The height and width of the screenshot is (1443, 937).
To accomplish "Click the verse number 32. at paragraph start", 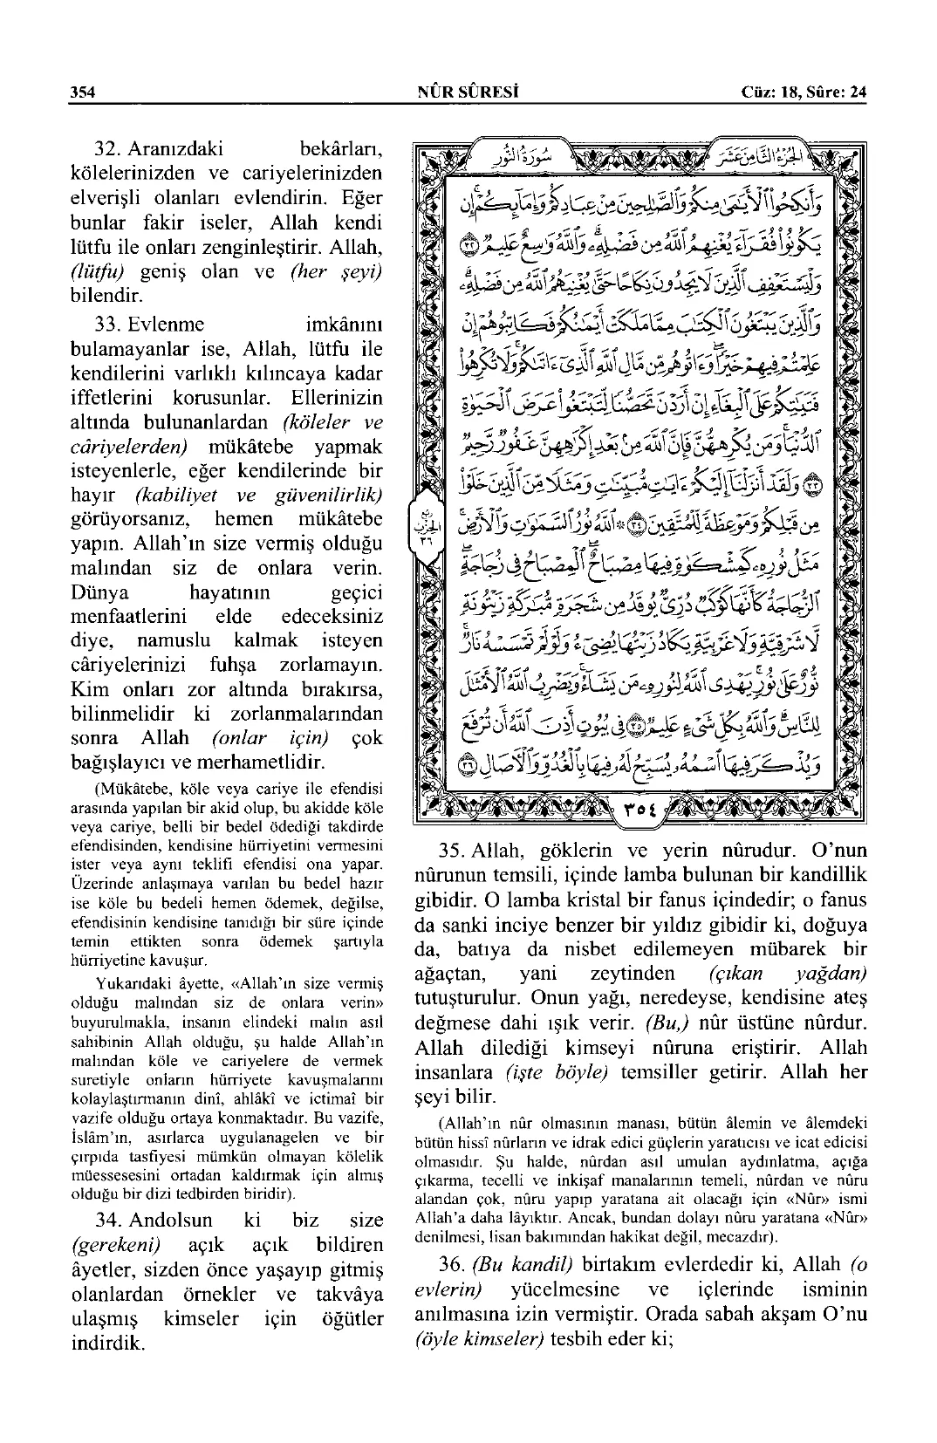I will [x=112, y=148].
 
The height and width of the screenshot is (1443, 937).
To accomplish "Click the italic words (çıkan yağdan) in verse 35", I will [x=783, y=973].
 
